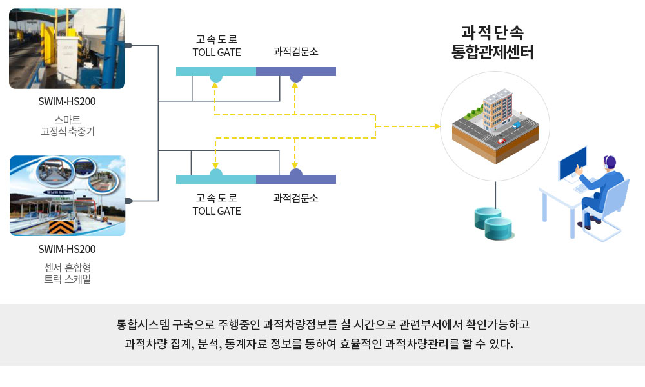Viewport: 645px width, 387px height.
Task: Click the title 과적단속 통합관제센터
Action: pos(492,43)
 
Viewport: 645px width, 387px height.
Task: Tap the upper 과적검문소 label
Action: pos(296,52)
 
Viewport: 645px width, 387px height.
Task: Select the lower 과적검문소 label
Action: pos(296,198)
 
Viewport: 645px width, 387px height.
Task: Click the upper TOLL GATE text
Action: pos(217,53)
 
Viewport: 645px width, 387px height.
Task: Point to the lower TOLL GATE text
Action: pos(217,211)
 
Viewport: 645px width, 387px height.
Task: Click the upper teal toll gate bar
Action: pos(216,72)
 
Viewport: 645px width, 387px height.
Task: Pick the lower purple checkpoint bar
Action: pos(296,179)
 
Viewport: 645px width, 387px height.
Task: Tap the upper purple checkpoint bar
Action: pos(296,72)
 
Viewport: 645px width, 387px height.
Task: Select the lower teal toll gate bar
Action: pos(216,179)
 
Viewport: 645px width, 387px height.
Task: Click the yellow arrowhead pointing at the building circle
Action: pos(438,126)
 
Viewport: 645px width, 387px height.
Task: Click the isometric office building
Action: pos(497,109)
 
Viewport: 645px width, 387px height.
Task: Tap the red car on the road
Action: pos(501,141)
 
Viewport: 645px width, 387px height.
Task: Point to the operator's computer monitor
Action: pos(572,163)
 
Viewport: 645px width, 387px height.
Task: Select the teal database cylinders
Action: pos(493,224)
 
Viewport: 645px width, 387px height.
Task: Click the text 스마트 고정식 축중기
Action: pos(68,125)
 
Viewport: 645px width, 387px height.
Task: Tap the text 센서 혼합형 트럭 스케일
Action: pos(68,273)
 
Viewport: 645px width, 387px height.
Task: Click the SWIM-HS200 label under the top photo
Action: pos(67,101)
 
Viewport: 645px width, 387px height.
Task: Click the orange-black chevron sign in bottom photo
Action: pos(61,227)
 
